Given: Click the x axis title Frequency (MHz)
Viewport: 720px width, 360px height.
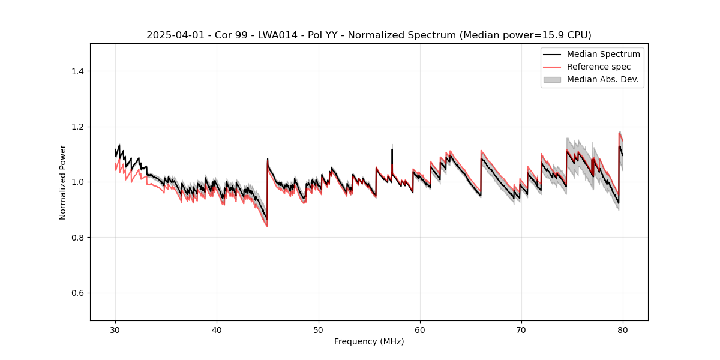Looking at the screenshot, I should pyautogui.click(x=369, y=341).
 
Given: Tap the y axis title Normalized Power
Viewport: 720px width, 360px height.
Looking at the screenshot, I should pyautogui.click(x=63, y=182).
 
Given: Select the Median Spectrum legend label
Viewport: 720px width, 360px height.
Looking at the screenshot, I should pyautogui.click(x=603, y=54).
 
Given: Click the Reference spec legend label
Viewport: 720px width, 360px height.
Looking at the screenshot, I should pyautogui.click(x=599, y=67).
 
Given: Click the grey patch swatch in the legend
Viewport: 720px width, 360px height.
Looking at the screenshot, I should pyautogui.click(x=552, y=79).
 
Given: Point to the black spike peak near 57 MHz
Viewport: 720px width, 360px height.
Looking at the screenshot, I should pyautogui.click(x=392, y=149).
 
